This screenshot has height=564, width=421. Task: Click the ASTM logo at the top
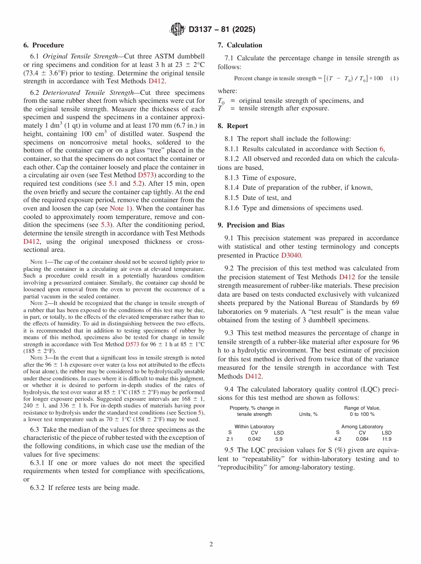click(177, 30)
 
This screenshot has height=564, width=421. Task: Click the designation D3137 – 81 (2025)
click(222, 30)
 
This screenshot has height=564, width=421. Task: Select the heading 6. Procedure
click(43, 45)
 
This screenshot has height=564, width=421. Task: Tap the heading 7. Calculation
click(240, 45)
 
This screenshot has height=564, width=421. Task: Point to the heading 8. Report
click(233, 126)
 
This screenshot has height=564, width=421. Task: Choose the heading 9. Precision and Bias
click(251, 225)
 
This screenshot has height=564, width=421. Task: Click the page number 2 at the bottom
click(211, 544)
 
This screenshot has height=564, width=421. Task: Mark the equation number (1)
click(394, 78)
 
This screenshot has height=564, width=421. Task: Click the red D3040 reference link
click(291, 255)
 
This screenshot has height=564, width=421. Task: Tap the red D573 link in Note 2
click(133, 344)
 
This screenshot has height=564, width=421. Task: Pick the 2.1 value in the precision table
click(230, 439)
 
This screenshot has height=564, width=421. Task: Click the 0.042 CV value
click(254, 439)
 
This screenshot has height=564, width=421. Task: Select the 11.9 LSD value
click(386, 439)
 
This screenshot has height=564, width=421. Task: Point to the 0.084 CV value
click(362, 439)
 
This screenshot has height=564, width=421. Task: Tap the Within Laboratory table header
click(254, 427)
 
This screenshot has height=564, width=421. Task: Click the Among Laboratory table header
click(362, 427)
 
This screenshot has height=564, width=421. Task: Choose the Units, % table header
click(308, 414)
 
